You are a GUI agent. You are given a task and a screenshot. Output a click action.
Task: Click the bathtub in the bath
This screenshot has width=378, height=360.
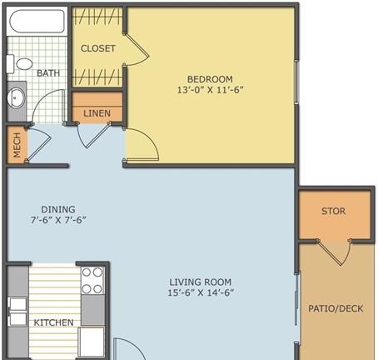click(x=37, y=22)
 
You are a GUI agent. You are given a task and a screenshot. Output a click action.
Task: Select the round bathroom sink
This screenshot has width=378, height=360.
click(x=16, y=97)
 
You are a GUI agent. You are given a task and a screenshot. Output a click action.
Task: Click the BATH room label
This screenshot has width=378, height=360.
click(x=48, y=73)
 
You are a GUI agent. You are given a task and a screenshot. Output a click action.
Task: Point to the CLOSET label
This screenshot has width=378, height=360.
click(x=98, y=48)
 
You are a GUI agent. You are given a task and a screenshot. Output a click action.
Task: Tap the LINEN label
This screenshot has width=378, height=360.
click(x=97, y=113)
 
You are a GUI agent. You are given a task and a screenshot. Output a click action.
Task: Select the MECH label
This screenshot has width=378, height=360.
click(x=17, y=145)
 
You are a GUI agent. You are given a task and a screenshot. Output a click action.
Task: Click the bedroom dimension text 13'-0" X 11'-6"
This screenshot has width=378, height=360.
click(x=210, y=90)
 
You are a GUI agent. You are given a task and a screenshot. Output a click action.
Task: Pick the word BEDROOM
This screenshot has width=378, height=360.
click(x=210, y=79)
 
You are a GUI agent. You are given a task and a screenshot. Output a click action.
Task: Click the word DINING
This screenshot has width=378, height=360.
click(x=58, y=209)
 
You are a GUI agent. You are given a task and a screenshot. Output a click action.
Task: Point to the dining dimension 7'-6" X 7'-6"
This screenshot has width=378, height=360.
click(x=58, y=220)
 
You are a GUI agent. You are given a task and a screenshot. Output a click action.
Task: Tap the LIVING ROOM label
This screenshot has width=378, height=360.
click(x=201, y=282)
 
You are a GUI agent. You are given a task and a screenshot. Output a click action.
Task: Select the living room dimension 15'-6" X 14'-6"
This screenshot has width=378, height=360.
click(x=201, y=292)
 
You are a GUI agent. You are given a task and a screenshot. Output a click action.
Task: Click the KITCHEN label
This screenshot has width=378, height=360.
click(x=54, y=322)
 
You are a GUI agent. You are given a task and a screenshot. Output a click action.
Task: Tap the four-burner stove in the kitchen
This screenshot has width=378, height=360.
click(x=92, y=281)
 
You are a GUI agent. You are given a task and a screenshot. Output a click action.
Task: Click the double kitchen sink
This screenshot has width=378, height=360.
click(x=18, y=312)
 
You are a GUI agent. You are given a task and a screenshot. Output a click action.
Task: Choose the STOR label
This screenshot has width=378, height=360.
click(x=334, y=211)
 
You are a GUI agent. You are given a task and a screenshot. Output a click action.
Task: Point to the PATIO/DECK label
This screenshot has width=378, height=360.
click(x=336, y=308)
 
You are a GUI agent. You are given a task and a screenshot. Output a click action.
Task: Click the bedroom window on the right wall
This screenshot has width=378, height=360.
click(x=296, y=82)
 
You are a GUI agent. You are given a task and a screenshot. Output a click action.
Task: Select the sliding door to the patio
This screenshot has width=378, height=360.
click(x=297, y=308)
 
